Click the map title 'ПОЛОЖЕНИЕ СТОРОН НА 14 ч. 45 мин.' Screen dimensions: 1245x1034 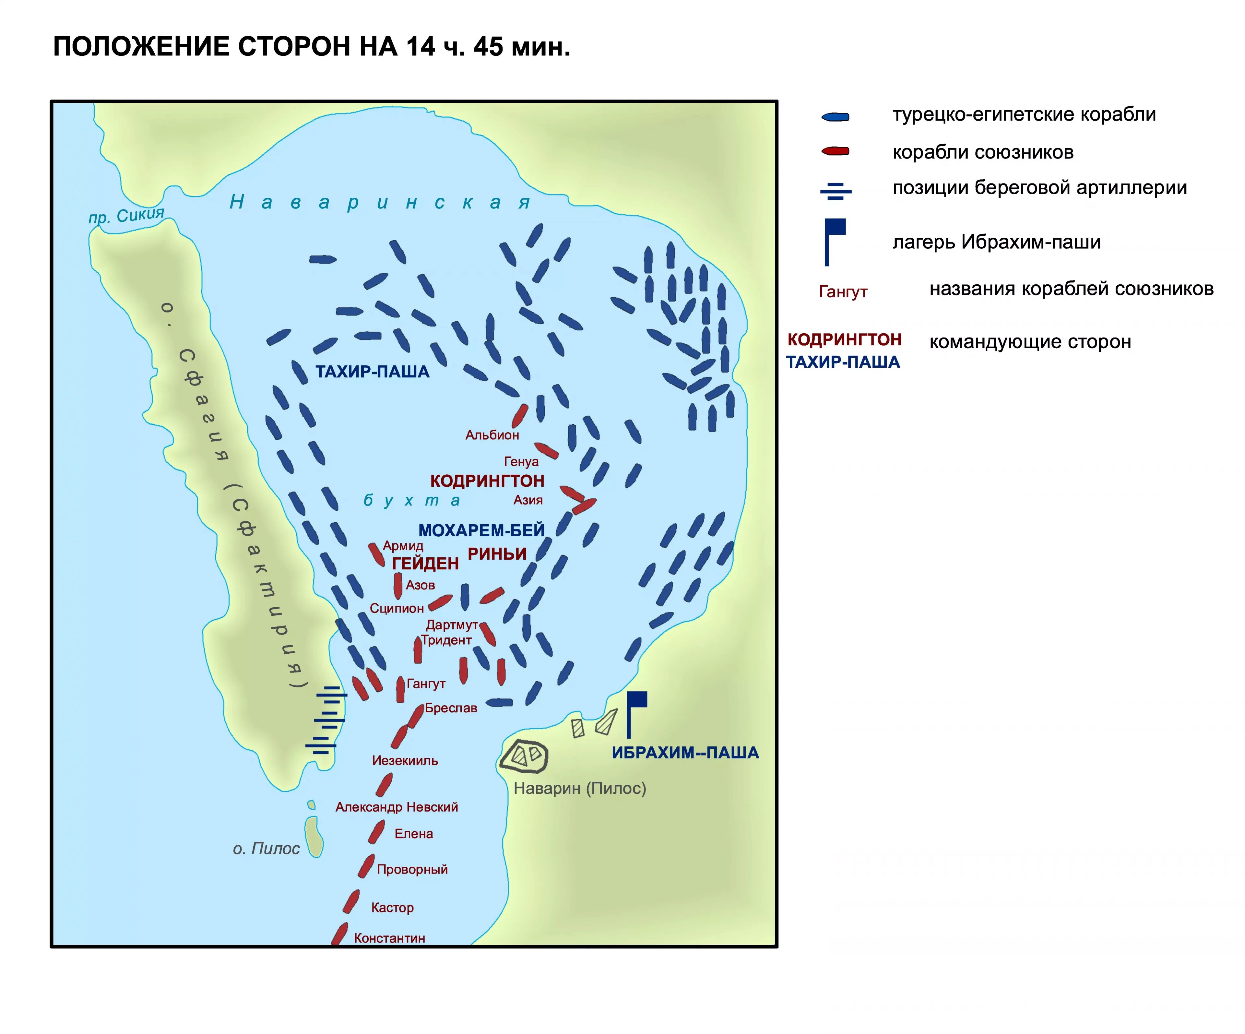click(312, 47)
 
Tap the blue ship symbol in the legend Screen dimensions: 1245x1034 click(835, 117)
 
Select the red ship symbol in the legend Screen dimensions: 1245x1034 click(835, 152)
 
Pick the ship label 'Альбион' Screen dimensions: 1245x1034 click(492, 435)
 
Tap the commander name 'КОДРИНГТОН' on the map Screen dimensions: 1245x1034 click(487, 481)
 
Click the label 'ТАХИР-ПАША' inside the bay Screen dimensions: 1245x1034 click(372, 372)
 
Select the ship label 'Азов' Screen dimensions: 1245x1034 click(420, 585)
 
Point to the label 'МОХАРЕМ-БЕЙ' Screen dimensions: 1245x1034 click(481, 530)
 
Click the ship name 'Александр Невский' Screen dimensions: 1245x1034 click(397, 807)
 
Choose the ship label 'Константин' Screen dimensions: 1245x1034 click(389, 938)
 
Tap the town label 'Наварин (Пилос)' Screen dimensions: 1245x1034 click(580, 789)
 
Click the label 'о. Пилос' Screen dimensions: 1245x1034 click(266, 849)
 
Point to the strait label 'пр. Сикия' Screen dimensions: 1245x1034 click(126, 215)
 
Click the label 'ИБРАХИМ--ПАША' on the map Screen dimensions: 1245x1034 click(685, 753)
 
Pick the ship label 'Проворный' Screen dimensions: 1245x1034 click(412, 870)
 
